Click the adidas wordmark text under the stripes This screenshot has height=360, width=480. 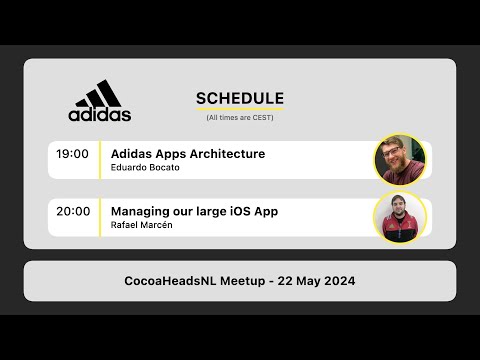coord(100,114)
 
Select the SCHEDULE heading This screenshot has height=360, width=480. coord(239,98)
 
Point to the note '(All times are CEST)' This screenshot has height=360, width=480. coord(239,118)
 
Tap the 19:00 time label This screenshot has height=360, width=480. coord(73,154)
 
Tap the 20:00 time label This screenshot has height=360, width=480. coord(73,211)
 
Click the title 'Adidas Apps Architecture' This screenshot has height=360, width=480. coord(188,154)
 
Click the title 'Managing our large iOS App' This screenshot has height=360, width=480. coord(194,211)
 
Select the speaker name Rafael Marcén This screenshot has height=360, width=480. coord(141,225)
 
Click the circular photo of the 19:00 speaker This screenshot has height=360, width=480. coord(400,160)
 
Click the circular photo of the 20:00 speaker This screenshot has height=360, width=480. coord(400,217)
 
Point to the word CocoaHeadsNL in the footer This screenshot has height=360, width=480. coord(174,281)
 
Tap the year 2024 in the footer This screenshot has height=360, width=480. coord(337,281)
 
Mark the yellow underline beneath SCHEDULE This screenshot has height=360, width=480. coord(239,107)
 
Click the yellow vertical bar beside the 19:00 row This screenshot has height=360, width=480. coord(101,160)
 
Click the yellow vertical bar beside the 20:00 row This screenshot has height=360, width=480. coord(101,217)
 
